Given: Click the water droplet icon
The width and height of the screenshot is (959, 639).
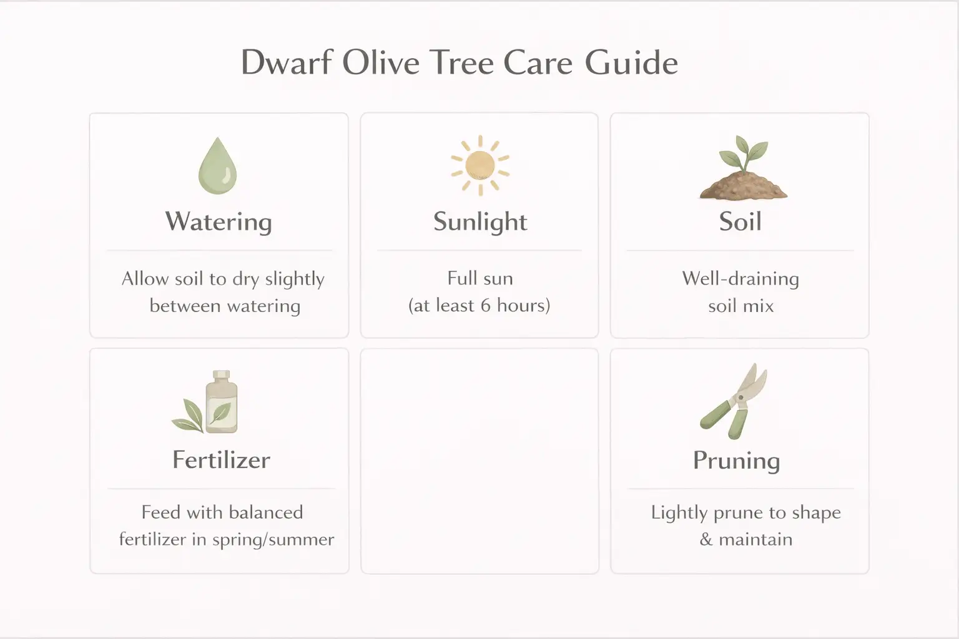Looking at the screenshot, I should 217,165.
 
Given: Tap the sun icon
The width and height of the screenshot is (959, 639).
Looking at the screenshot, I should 480,165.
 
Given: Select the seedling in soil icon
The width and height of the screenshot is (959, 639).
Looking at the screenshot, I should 742,168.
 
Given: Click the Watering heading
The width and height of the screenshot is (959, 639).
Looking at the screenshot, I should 219,222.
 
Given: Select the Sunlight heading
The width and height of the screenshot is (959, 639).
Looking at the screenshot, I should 480,222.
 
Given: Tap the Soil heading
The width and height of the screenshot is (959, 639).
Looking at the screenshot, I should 740,222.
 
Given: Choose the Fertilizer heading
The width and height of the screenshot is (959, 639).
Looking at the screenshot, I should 221,460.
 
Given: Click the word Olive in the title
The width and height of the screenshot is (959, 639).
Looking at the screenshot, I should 380,63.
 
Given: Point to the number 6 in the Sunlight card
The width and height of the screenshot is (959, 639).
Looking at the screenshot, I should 486,306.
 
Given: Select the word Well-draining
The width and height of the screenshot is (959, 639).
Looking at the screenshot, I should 740,278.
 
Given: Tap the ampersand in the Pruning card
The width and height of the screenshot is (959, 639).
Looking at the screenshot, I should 706,540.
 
